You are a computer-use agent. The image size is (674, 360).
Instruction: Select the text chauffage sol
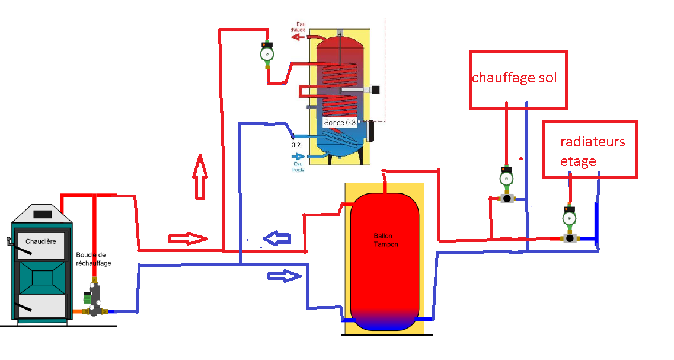point(514,78)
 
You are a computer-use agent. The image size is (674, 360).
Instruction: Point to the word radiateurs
point(592,142)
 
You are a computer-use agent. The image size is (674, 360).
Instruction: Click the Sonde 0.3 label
point(340,122)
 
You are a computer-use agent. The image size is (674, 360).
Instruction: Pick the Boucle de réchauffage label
point(94,259)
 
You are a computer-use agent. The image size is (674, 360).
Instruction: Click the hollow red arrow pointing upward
point(201,176)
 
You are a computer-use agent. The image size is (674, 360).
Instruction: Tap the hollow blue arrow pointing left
point(278,238)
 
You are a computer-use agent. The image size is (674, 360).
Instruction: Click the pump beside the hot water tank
point(267,55)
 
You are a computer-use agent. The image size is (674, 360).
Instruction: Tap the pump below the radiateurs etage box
point(570,218)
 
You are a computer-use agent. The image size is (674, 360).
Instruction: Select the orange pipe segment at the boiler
point(77,311)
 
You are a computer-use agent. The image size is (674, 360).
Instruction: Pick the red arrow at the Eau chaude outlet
point(298,36)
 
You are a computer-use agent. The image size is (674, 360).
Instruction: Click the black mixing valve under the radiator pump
point(570,238)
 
